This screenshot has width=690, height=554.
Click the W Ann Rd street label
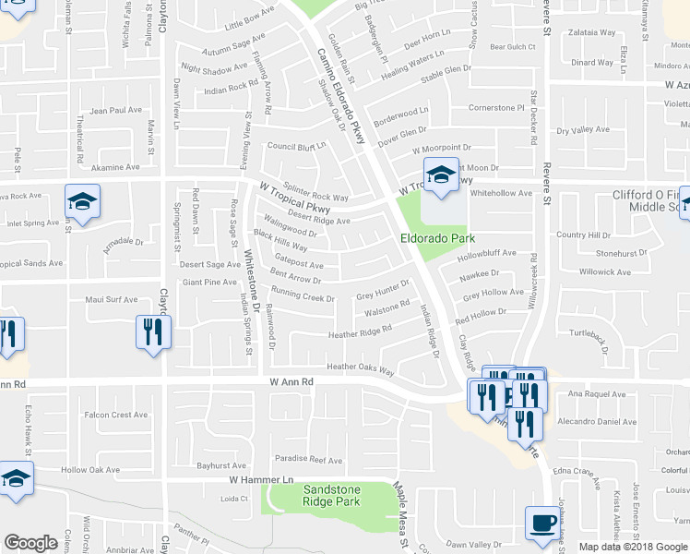tap(292, 380)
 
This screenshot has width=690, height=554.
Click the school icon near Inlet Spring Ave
tap(82, 202)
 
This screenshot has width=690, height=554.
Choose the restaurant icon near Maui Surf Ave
tap(152, 332)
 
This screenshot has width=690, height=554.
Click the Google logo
tap(30, 543)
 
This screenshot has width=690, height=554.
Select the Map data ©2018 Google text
tap(633, 547)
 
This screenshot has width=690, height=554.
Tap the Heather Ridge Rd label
tap(361, 331)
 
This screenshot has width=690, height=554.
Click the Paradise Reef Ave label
tap(308, 460)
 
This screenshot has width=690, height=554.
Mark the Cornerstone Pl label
tap(496, 108)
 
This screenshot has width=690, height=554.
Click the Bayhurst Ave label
tap(222, 465)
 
